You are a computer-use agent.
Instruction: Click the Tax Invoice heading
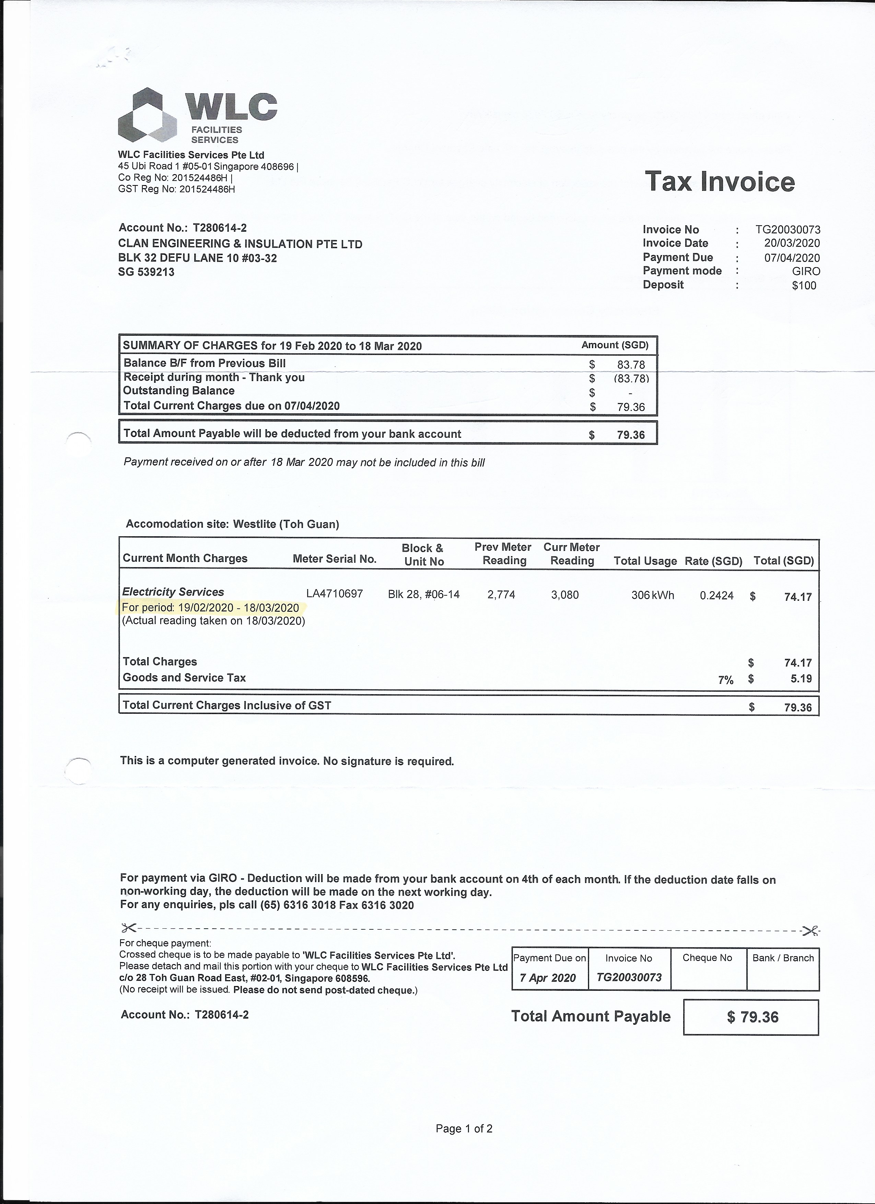point(720,182)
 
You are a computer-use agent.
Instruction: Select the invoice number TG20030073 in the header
point(787,230)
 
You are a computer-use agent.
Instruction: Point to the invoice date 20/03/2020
point(792,244)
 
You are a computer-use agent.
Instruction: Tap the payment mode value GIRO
point(805,271)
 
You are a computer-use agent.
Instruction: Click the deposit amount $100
point(804,286)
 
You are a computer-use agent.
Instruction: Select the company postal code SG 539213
point(146,272)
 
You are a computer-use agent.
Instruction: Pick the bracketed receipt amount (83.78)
point(631,379)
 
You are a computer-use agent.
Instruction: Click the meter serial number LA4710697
point(334,594)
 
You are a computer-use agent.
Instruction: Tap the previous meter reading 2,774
point(501,595)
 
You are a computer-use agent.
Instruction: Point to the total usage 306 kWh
point(652,595)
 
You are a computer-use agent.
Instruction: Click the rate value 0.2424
point(716,596)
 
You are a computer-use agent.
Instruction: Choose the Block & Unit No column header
point(423,555)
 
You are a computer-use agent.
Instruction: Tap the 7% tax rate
point(725,680)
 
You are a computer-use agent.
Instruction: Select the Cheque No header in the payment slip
point(707,958)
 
